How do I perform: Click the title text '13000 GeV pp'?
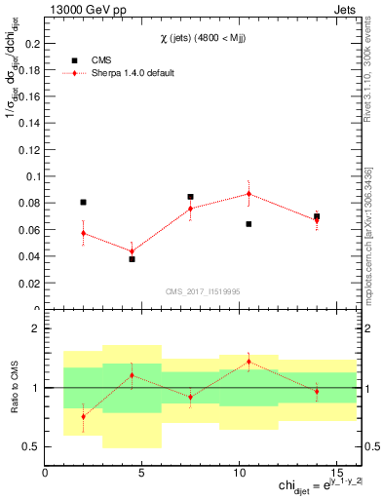click(x=84, y=11)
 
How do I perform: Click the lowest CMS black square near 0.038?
click(x=132, y=259)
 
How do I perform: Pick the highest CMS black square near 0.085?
click(x=190, y=197)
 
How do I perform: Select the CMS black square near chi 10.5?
click(x=249, y=224)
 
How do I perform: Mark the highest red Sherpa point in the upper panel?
click(x=249, y=194)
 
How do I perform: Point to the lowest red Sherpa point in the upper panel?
click(x=132, y=251)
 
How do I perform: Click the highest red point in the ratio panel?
click(x=249, y=362)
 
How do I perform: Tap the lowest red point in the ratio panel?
click(x=83, y=416)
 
